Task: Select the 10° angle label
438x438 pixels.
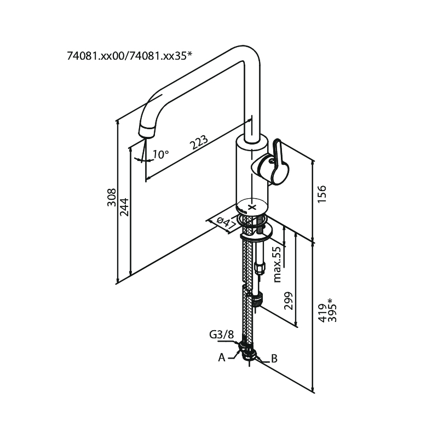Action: click(160, 154)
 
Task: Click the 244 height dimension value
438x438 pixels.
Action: click(124, 206)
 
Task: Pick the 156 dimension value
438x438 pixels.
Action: click(322, 195)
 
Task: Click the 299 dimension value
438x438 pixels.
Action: click(290, 300)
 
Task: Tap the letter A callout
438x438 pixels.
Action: click(222, 358)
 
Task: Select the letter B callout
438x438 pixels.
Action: click(274, 359)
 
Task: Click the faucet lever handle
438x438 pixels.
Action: click(274, 164)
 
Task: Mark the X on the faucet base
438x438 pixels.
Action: click(252, 208)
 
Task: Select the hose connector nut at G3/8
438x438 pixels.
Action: click(249, 350)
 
